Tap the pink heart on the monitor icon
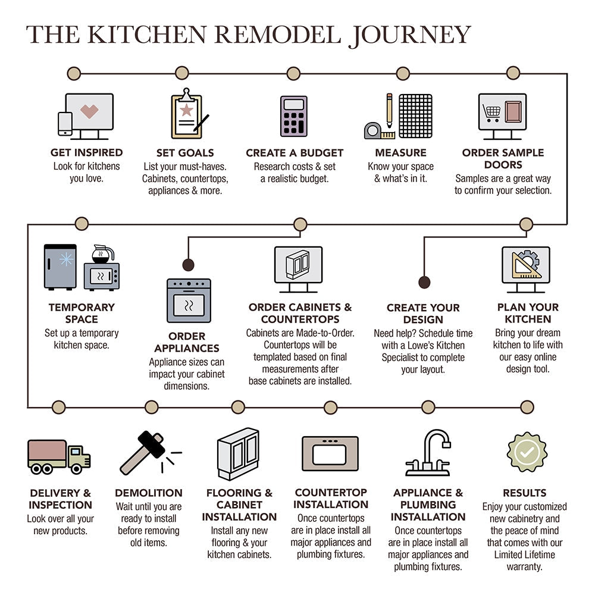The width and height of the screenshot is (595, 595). click(x=89, y=111)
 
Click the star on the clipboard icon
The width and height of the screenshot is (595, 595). click(x=186, y=110)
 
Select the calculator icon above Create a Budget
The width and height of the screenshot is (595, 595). click(x=293, y=116)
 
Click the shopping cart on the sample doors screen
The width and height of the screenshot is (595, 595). click(x=492, y=111)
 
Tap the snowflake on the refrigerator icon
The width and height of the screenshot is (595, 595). click(x=66, y=259)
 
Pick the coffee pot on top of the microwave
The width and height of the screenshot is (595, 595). click(x=102, y=255)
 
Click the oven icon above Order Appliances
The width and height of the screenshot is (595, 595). click(x=189, y=300)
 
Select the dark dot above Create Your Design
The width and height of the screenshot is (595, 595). click(x=424, y=282)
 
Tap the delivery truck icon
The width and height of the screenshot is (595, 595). click(x=58, y=456)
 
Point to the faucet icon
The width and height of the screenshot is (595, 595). click(x=428, y=452)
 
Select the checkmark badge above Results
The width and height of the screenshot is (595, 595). click(x=527, y=452)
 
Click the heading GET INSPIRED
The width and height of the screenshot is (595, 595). click(x=86, y=153)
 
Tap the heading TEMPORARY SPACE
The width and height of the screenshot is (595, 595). click(x=82, y=314)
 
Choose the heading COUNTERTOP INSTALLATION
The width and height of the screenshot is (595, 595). click(x=331, y=499)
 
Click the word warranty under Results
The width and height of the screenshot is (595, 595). click(x=524, y=566)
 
